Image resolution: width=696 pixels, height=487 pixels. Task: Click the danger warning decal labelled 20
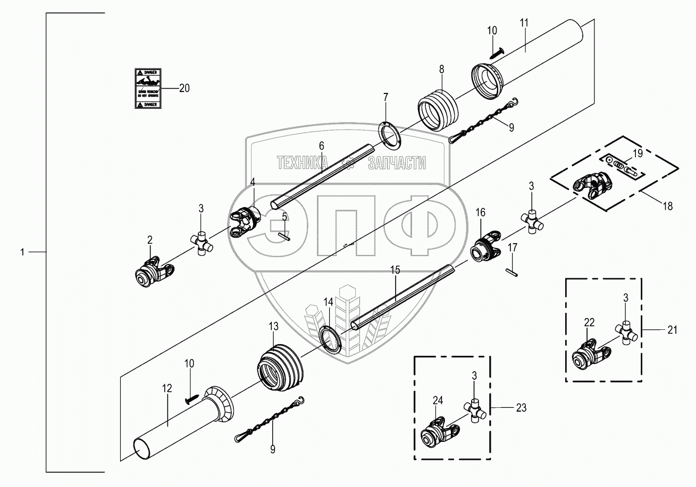[x=147, y=89]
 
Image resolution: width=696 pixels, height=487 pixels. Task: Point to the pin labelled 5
[x=284, y=237]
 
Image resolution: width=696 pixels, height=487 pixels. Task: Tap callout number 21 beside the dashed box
[x=673, y=330]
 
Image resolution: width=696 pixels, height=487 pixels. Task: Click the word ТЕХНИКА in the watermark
[x=303, y=163]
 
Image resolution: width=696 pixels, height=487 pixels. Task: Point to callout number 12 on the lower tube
[x=167, y=389]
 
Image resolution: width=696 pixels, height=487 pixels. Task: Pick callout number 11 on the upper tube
[x=524, y=23]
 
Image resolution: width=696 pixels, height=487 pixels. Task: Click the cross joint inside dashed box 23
[x=475, y=408]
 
